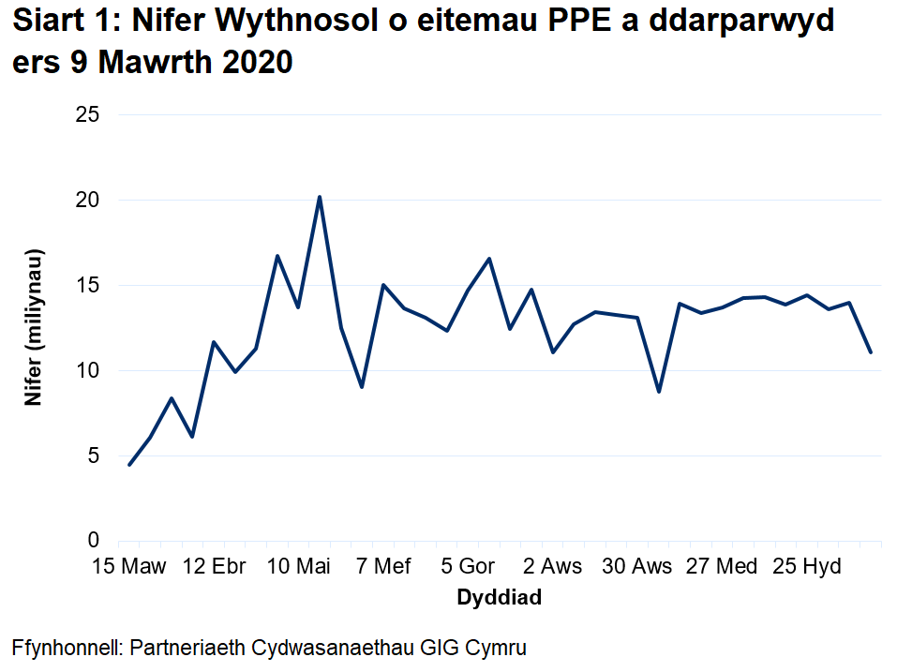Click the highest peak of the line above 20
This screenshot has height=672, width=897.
(320, 197)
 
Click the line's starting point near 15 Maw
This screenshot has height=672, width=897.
(129, 464)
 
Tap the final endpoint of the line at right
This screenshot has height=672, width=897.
(871, 352)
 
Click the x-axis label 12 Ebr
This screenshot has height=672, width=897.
(214, 567)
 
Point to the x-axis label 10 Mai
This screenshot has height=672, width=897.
(299, 567)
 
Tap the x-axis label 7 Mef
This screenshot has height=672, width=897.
(383, 567)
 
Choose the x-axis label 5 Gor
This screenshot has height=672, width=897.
(468, 567)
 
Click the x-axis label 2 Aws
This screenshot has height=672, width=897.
(553, 567)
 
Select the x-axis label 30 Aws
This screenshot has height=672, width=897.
(637, 567)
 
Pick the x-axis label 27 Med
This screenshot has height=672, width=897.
(722, 567)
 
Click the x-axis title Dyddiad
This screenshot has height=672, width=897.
(499, 598)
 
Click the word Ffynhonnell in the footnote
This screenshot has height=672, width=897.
(65, 648)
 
